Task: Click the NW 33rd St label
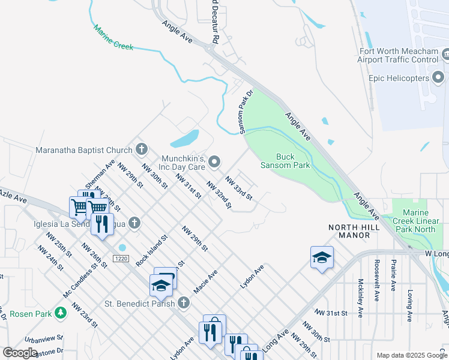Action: click(x=239, y=187)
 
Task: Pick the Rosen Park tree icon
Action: click(x=60, y=313)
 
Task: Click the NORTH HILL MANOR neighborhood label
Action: click(x=349, y=231)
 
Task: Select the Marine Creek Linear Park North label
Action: click(x=418, y=221)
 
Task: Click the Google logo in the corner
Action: click(x=20, y=353)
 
